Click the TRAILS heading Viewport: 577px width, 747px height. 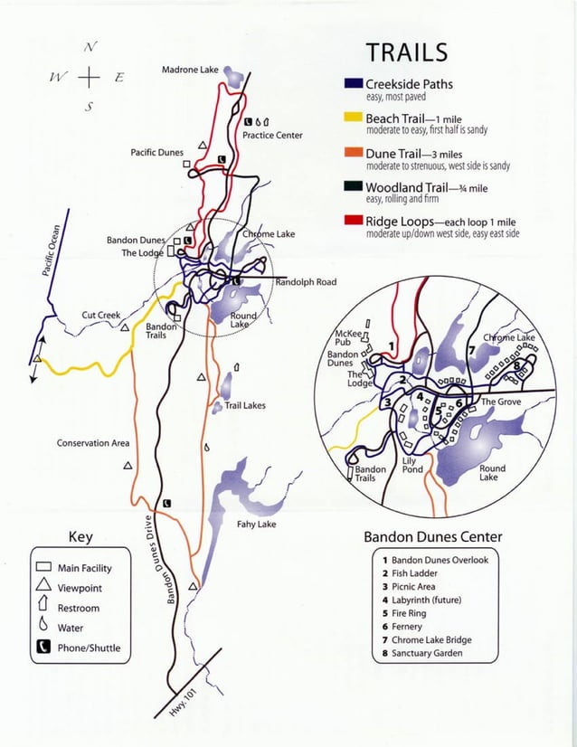(406, 52)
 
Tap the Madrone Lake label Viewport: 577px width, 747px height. (192, 71)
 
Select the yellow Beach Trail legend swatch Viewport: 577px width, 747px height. (354, 119)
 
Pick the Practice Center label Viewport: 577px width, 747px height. (272, 136)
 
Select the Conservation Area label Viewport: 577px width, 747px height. (93, 443)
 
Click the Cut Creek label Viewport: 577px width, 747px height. (101, 316)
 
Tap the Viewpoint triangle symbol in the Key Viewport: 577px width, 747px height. (43, 588)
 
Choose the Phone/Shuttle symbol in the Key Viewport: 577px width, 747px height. (43, 647)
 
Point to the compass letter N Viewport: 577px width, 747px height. (88, 48)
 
